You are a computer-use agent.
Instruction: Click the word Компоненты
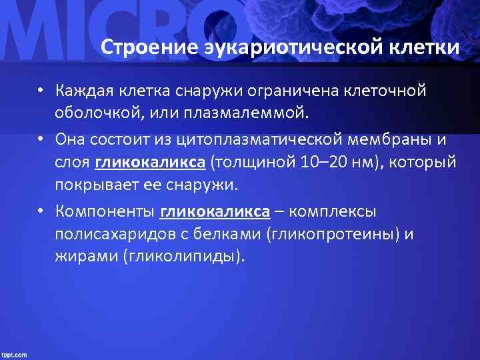(x=105, y=212)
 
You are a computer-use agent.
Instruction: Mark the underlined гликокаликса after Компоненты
(x=215, y=212)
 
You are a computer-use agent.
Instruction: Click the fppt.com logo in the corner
(x=15, y=353)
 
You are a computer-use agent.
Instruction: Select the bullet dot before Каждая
(x=41, y=91)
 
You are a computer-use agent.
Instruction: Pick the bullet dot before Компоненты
(x=41, y=212)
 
